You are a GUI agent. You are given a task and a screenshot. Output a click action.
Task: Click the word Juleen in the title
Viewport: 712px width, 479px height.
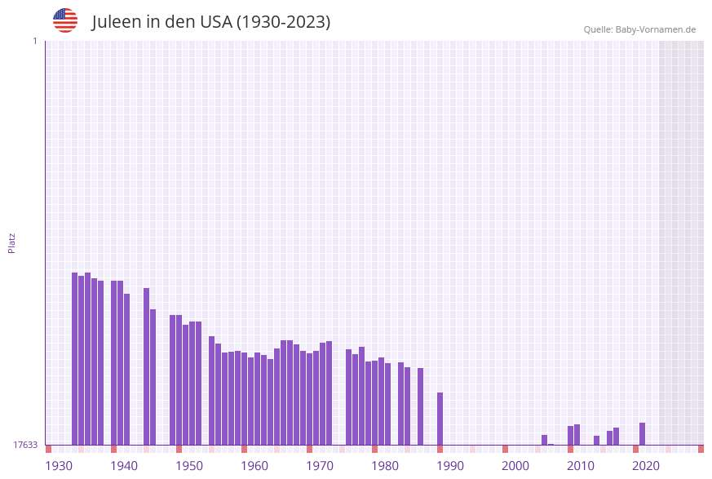pyautogui.click(x=116, y=22)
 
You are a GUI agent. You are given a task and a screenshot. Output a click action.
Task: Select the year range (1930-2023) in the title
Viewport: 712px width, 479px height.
pyautogui.click(x=283, y=22)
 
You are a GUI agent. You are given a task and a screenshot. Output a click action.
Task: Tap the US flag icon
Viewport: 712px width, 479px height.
pyautogui.click(x=65, y=20)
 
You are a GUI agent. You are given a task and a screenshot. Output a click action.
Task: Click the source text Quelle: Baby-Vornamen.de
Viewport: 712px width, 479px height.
pyautogui.click(x=639, y=29)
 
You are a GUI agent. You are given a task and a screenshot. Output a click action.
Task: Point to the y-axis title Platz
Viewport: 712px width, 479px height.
pyautogui.click(x=12, y=242)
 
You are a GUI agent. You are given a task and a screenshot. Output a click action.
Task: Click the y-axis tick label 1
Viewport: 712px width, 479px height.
pyautogui.click(x=34, y=41)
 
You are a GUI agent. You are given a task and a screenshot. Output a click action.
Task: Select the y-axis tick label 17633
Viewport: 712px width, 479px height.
pyautogui.click(x=25, y=445)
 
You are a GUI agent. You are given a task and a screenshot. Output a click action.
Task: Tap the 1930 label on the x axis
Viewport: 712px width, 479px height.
pyautogui.click(x=59, y=466)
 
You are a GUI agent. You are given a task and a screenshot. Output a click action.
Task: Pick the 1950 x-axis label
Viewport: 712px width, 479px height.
pyautogui.click(x=189, y=466)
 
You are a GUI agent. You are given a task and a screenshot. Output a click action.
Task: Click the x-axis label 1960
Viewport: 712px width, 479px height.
pyautogui.click(x=254, y=466)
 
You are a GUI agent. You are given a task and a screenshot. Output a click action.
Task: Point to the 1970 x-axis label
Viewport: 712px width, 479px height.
pyautogui.click(x=320, y=466)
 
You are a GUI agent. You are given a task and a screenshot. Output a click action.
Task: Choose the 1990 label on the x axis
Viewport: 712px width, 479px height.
pyautogui.click(x=450, y=466)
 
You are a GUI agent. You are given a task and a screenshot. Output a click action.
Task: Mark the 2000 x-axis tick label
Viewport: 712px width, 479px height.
pyautogui.click(x=515, y=466)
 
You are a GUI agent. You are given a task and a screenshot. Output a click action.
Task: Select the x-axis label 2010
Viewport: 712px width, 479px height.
pyautogui.click(x=581, y=466)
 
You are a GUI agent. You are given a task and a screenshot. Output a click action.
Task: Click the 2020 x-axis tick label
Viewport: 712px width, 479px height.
pyautogui.click(x=646, y=466)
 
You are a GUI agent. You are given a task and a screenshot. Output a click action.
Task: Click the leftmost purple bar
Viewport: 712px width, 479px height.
pyautogui.click(x=74, y=359)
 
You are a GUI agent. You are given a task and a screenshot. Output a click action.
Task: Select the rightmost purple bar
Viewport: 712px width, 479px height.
pyautogui.click(x=643, y=433)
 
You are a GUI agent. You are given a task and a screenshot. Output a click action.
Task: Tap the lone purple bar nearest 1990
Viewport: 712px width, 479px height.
pyautogui.click(x=440, y=419)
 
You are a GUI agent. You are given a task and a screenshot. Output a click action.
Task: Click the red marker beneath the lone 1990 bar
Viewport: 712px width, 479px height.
pyautogui.click(x=440, y=449)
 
